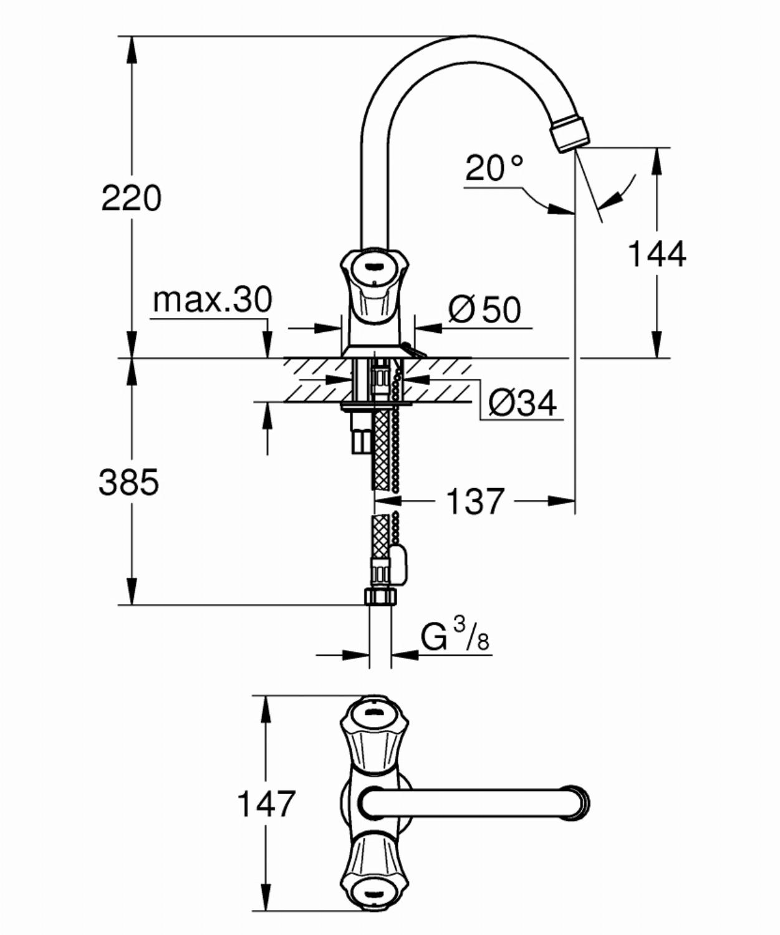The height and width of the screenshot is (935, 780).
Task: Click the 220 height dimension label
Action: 132,198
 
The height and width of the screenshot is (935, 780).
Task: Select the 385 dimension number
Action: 129,482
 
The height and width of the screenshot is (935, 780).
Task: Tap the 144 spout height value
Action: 657,254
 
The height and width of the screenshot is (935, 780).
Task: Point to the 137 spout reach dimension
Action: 475,501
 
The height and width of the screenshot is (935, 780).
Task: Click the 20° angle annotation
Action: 494,168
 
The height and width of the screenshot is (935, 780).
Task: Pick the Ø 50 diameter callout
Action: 484,309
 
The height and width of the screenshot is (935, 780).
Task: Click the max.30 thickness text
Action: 213,300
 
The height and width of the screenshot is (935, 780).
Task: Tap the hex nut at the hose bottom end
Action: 380,597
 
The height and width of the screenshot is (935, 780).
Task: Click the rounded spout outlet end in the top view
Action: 579,803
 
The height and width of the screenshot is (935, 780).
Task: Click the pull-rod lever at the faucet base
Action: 413,350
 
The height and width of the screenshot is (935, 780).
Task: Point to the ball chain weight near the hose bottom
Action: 400,565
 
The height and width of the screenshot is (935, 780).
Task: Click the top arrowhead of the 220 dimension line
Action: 132,50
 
